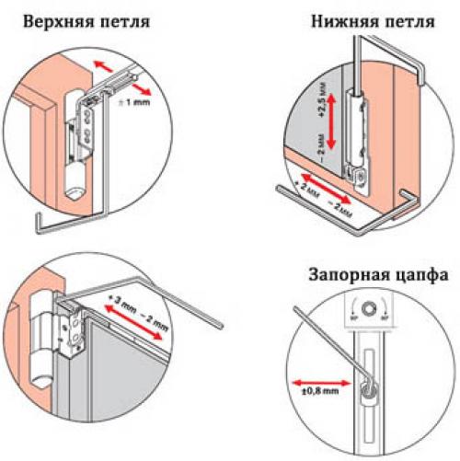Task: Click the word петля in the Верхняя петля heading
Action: click(122, 20)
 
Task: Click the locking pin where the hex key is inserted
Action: click(367, 392)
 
